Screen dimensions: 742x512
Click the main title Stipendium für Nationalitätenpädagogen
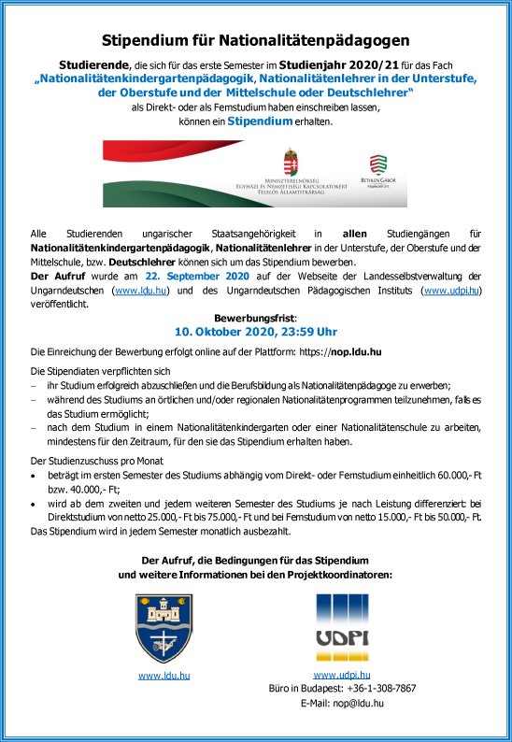coord(255,40)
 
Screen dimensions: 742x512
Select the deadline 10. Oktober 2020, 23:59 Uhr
coord(255,332)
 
